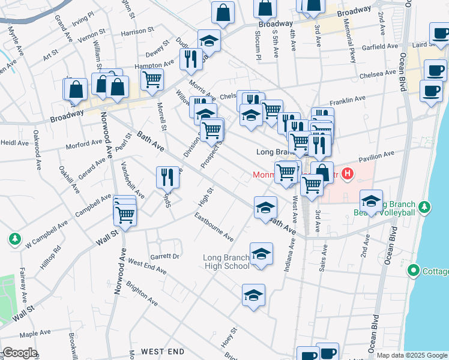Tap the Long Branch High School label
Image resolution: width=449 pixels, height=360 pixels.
226,262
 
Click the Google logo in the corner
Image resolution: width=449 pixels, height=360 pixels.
19,353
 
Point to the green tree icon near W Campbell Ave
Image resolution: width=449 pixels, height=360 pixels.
14,239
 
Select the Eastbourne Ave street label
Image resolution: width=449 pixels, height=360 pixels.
214,229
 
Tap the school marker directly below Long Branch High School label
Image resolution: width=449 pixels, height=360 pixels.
254,295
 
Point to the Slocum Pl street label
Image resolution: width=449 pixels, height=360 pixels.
259,46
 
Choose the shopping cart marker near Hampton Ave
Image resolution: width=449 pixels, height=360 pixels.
152,79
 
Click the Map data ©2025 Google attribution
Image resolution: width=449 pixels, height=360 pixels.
412,355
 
